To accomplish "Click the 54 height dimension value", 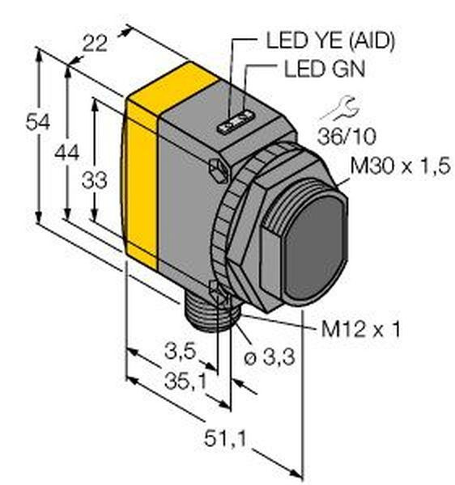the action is coord(37,122).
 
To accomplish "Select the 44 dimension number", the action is coord(66,153).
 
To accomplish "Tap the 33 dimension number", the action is coord(95,180).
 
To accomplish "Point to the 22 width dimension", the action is coord(95,44).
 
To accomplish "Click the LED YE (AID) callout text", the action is coord(330,40).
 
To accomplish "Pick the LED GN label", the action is coord(325,69).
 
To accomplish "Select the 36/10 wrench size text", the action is coord(347,136).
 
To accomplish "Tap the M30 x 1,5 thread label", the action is coord(400,166).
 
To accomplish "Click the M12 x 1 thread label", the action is coord(361,329).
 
